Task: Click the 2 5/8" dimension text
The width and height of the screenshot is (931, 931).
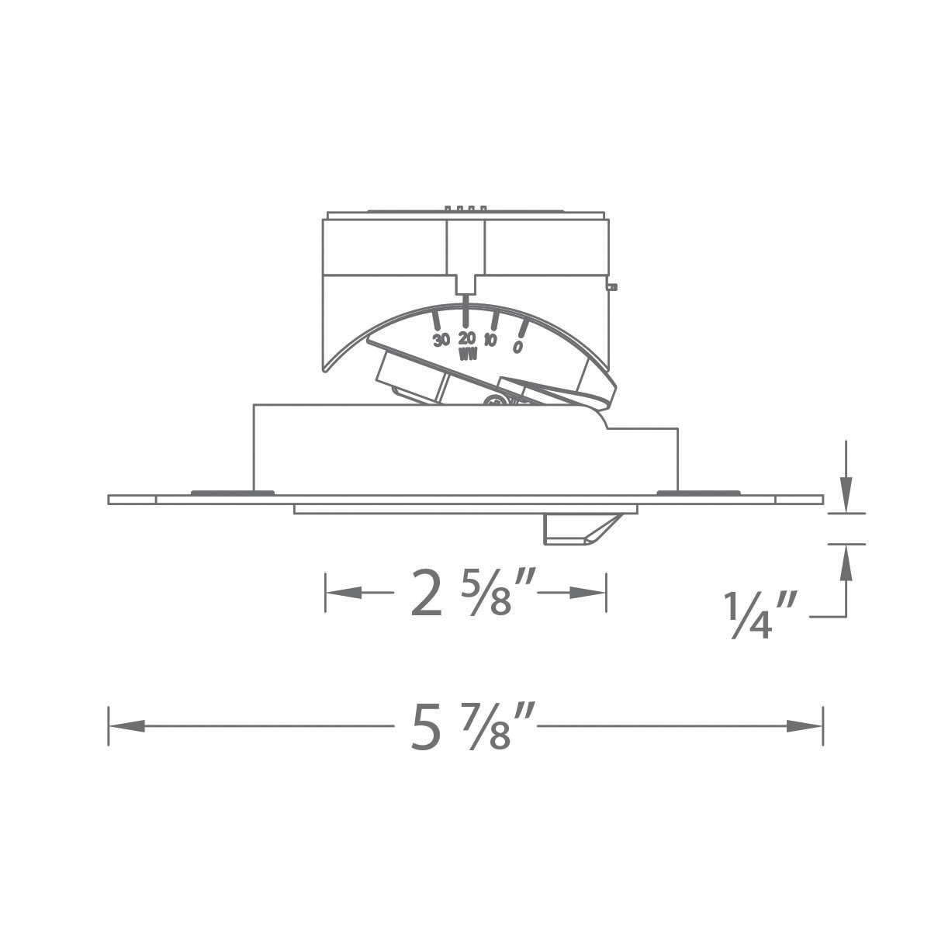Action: pyautogui.click(x=464, y=594)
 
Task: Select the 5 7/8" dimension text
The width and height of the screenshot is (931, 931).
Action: pyautogui.click(x=464, y=727)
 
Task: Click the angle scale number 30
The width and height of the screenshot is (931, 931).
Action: pyautogui.click(x=441, y=340)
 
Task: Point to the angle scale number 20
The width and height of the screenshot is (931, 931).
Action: pyautogui.click(x=467, y=338)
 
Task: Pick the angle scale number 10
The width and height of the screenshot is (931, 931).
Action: pyautogui.click(x=490, y=341)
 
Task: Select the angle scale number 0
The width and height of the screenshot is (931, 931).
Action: pyautogui.click(x=517, y=347)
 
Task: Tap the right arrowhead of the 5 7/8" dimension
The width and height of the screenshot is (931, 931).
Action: pyautogui.click(x=805, y=726)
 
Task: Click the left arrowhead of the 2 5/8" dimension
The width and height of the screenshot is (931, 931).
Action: pyautogui.click(x=344, y=593)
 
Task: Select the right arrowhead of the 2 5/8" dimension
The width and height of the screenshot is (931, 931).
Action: pyautogui.click(x=587, y=593)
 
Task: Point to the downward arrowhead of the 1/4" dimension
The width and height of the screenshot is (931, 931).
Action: pyautogui.click(x=846, y=497)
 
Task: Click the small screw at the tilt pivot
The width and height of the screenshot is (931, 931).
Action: pyautogui.click(x=492, y=400)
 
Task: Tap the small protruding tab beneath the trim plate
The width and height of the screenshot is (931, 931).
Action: pyautogui.click(x=578, y=529)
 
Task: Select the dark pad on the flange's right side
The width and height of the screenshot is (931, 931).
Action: pyautogui.click(x=698, y=492)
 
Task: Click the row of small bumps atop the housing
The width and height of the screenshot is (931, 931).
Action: pyautogui.click(x=465, y=208)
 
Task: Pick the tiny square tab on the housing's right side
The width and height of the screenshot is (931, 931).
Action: pyautogui.click(x=612, y=287)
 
